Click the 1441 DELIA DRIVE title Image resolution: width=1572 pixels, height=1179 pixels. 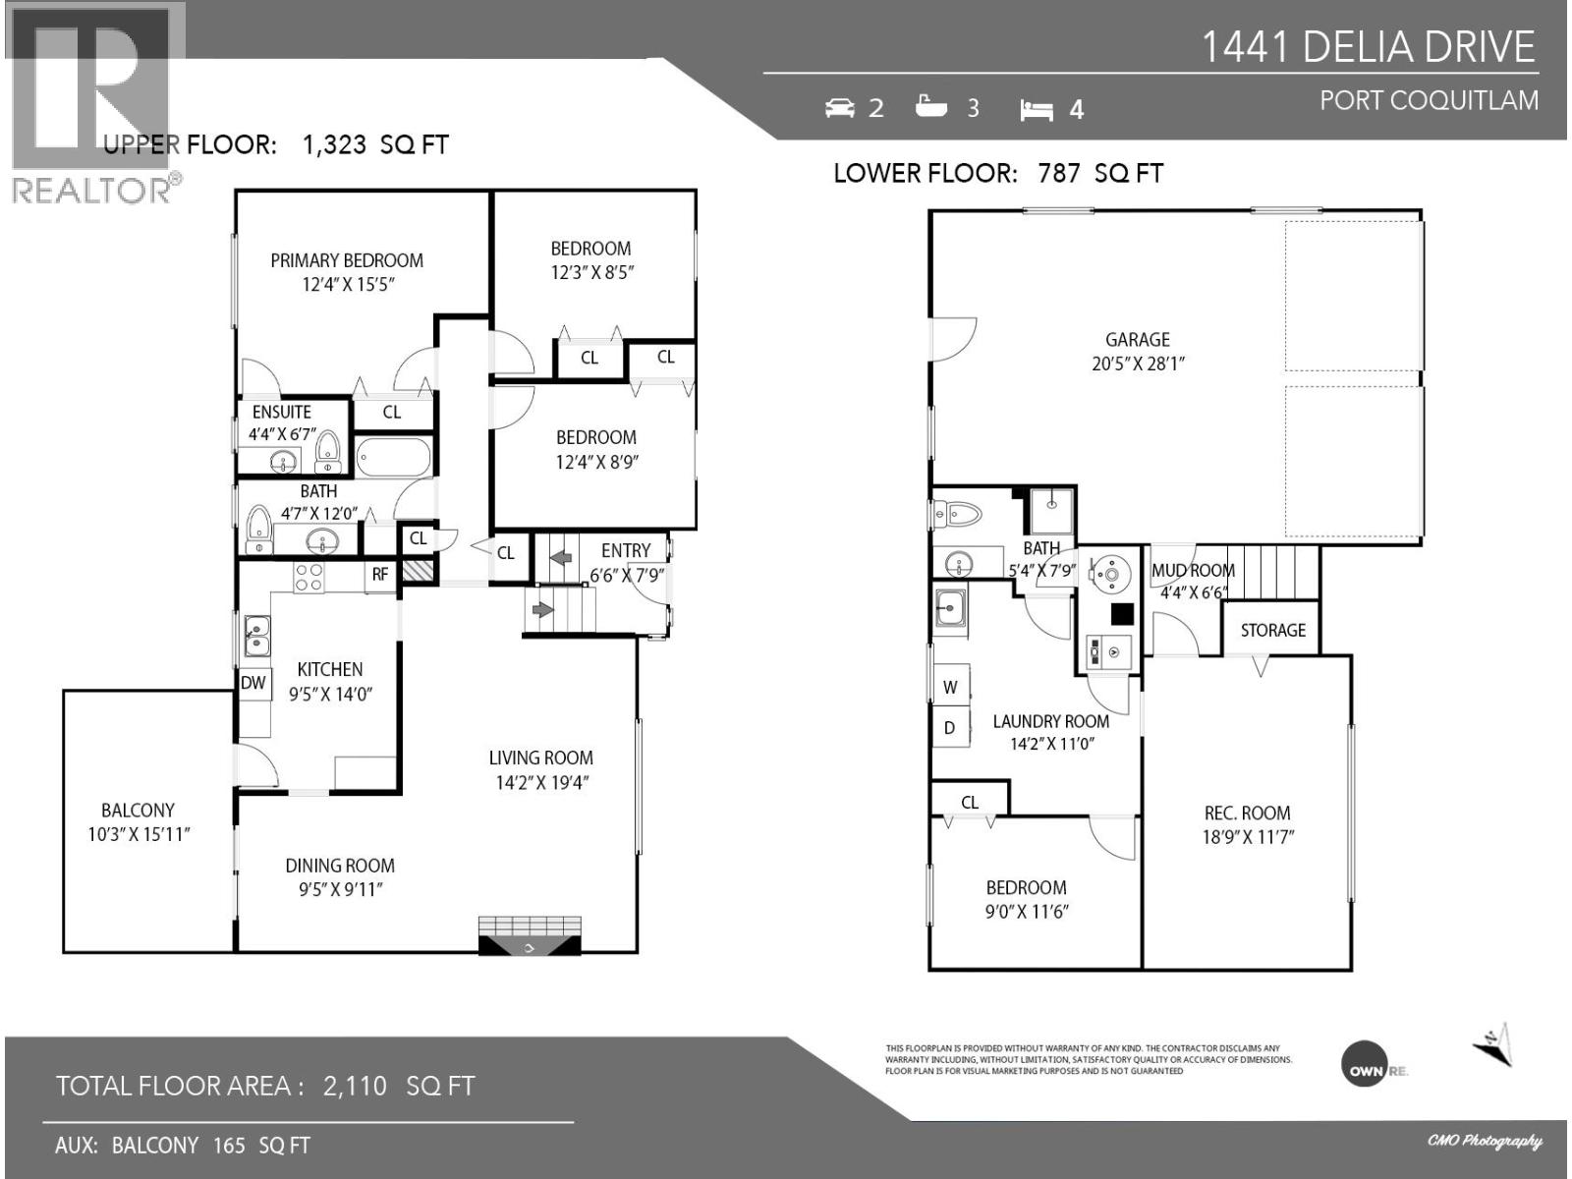pyautogui.click(x=1369, y=46)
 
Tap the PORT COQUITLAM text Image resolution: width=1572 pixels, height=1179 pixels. pyautogui.click(x=1429, y=100)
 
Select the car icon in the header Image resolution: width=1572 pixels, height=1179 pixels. pyautogui.click(x=840, y=108)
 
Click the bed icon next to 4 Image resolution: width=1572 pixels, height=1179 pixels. pyautogui.click(x=1037, y=110)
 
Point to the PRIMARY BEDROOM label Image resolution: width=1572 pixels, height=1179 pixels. pyautogui.click(x=347, y=260)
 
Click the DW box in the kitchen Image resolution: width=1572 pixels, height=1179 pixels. pyautogui.click(x=253, y=683)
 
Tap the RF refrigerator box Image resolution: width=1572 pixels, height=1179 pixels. pyautogui.click(x=380, y=575)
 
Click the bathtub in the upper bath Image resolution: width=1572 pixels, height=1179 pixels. pyautogui.click(x=393, y=457)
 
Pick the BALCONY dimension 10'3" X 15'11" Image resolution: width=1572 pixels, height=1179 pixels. pyautogui.click(x=139, y=835)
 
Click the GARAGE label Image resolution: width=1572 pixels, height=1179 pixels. pyautogui.click(x=1138, y=339)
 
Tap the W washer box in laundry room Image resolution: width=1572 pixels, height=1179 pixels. pyautogui.click(x=950, y=687)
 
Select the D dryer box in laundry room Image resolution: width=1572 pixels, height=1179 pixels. pyautogui.click(x=950, y=728)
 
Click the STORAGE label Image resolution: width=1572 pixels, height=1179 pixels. pyautogui.click(x=1272, y=630)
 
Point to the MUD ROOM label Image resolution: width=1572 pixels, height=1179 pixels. pyautogui.click(x=1193, y=570)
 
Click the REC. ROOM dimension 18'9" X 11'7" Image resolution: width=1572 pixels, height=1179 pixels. pyautogui.click(x=1247, y=837)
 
